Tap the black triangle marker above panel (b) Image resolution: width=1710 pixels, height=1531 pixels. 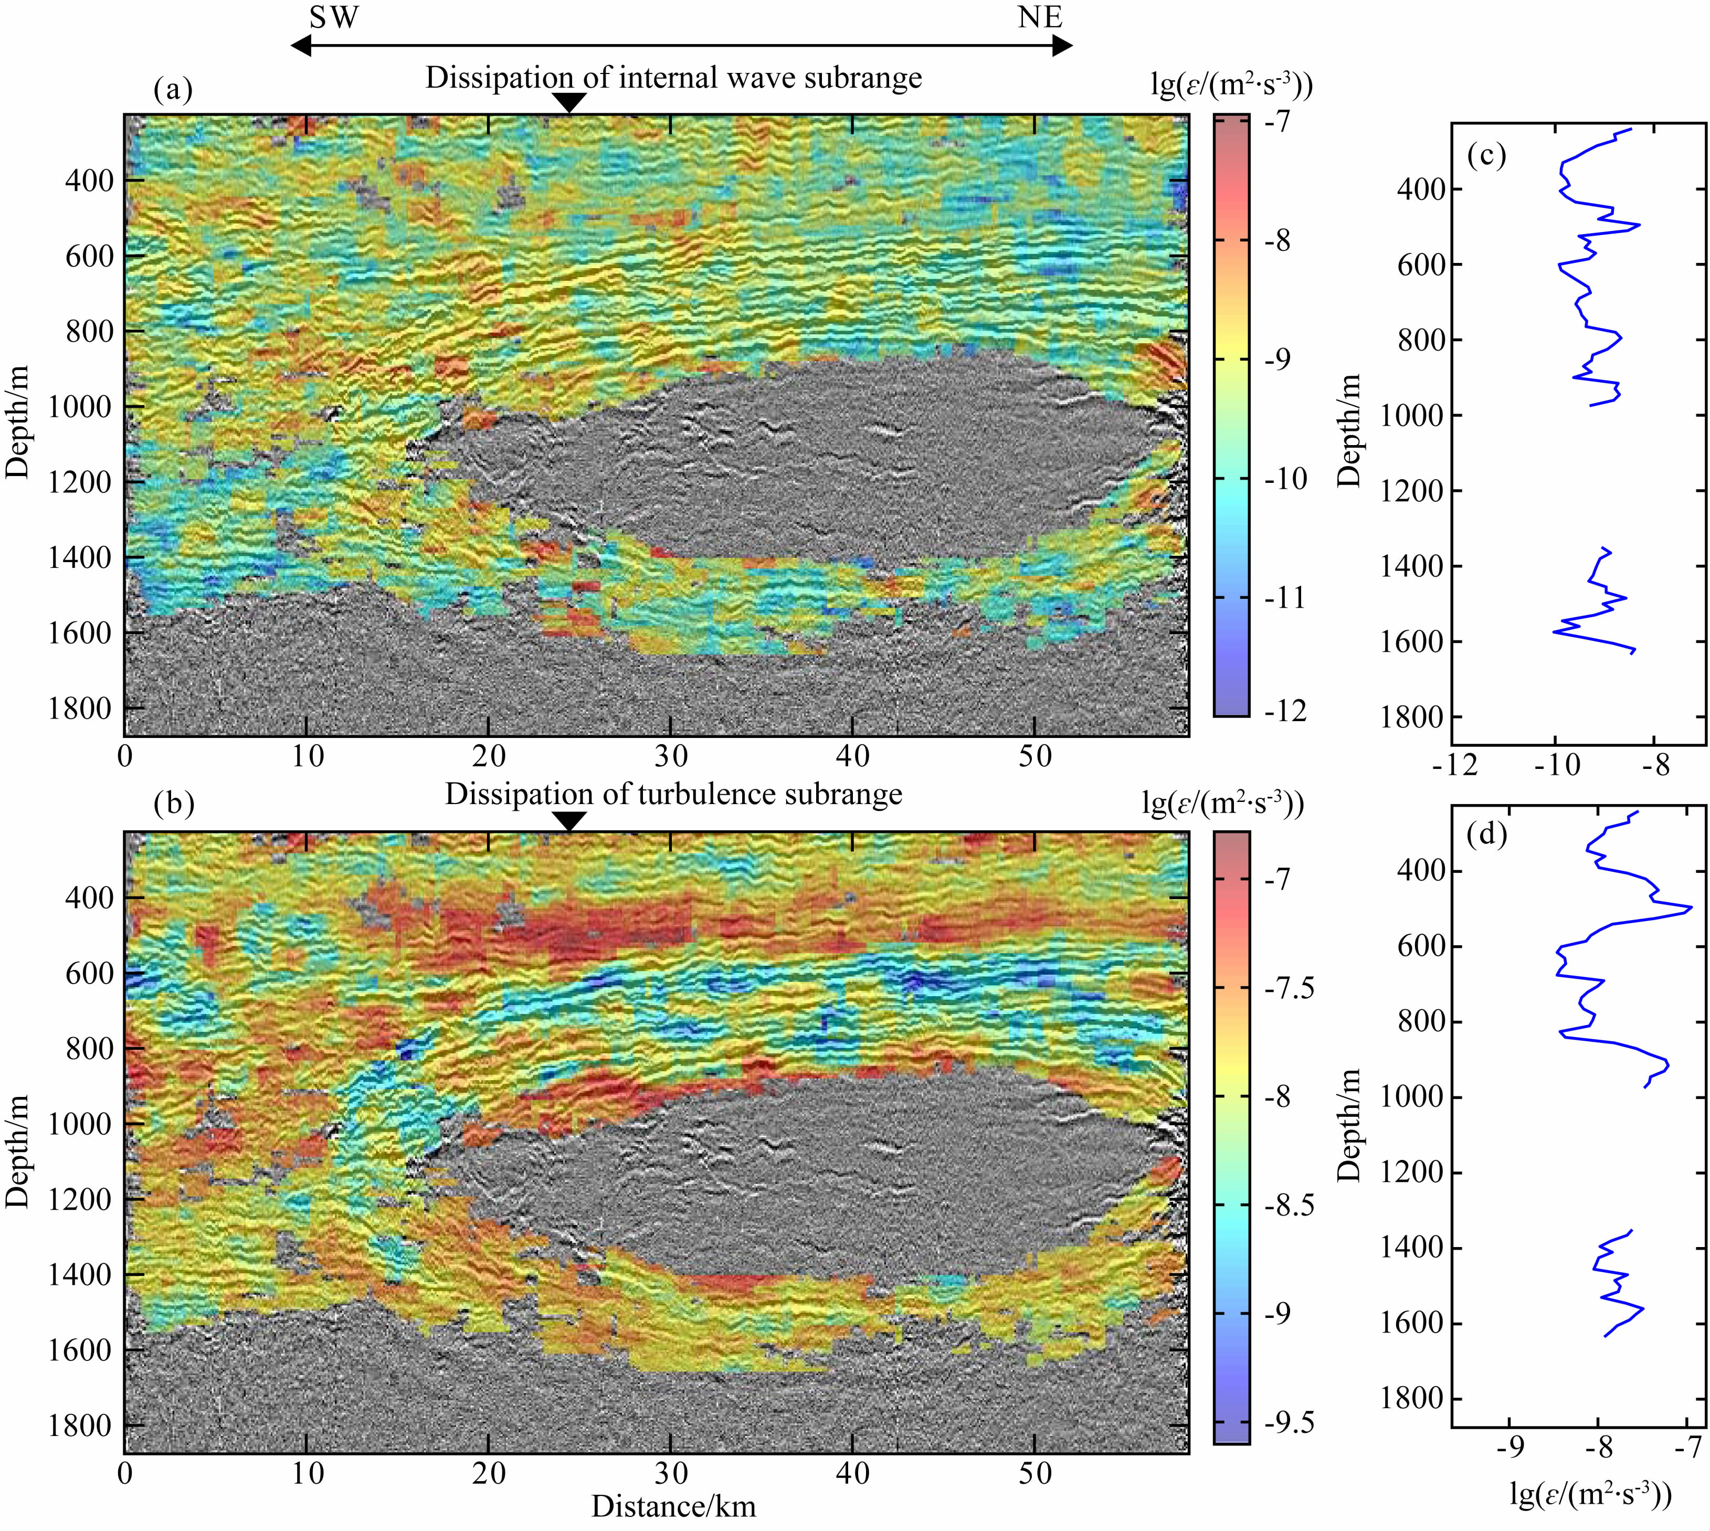tap(571, 821)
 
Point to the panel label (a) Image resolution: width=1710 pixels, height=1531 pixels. tap(173, 88)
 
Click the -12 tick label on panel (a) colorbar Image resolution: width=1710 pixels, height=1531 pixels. tap(1286, 712)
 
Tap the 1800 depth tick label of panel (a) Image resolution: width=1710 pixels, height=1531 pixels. tap(79, 709)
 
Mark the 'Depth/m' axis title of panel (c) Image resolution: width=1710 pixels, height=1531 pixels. tap(1348, 431)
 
